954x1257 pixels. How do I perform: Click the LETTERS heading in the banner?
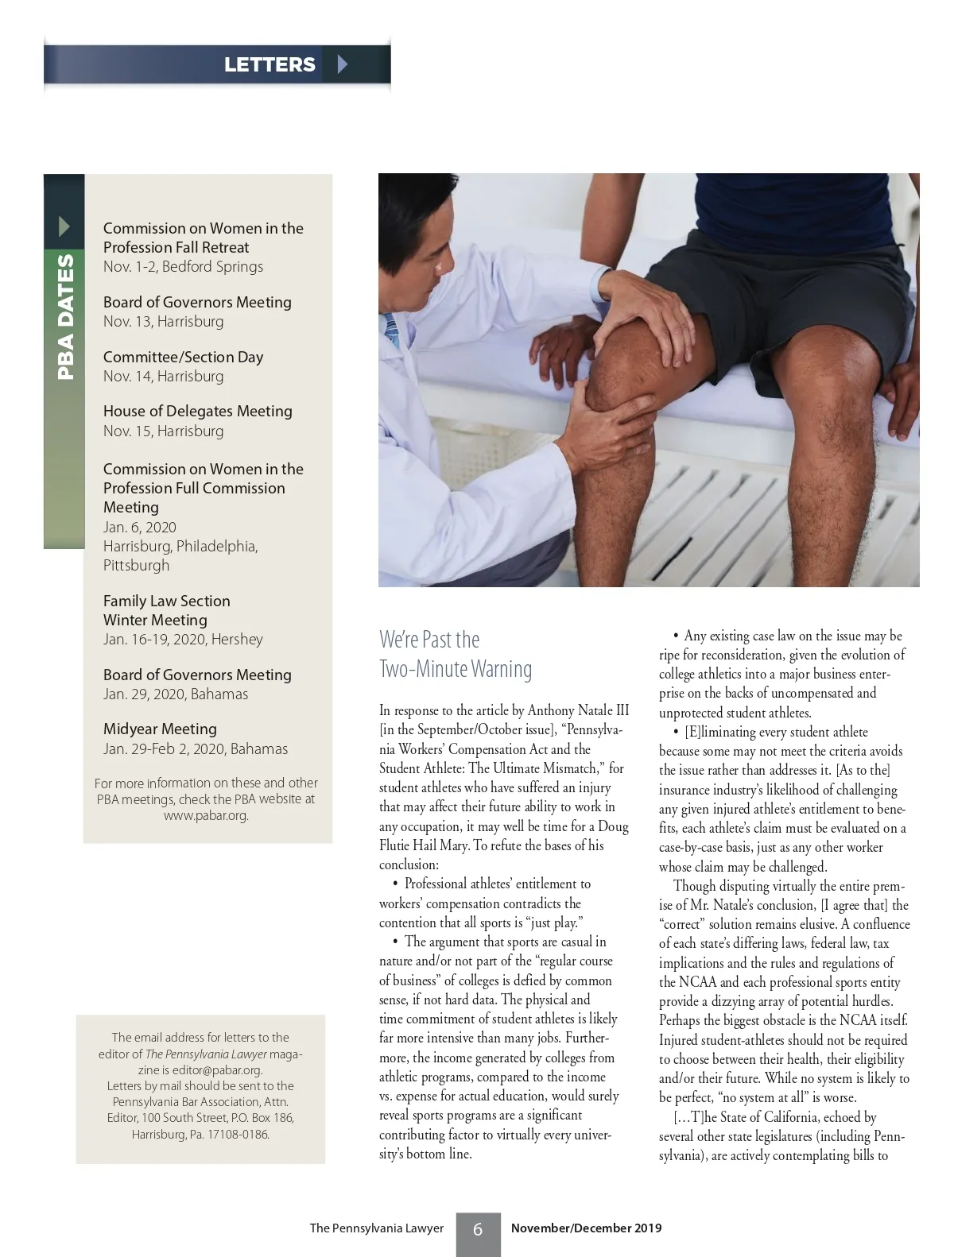click(270, 64)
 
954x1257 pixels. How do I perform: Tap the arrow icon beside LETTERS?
click(343, 64)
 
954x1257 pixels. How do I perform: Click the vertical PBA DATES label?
click(64, 315)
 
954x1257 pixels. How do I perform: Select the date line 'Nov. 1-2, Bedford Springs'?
click(183, 267)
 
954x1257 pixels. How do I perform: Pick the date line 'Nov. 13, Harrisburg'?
click(163, 322)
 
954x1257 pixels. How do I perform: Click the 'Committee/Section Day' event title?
click(183, 358)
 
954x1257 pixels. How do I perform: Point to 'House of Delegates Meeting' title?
click(197, 412)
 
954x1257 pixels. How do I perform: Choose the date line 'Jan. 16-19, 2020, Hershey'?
click(183, 640)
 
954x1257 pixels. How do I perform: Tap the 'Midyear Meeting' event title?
click(160, 729)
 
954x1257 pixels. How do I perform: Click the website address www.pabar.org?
click(206, 815)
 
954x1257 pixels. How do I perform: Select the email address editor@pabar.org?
click(217, 1069)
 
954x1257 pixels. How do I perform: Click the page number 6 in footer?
click(478, 1229)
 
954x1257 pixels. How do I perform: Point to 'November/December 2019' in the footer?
click(586, 1228)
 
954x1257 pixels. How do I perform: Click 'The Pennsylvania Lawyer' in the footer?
click(376, 1228)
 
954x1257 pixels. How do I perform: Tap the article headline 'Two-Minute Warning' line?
click(456, 669)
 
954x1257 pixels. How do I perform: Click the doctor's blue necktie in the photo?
click(390, 327)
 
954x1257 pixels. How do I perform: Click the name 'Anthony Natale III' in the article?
click(578, 710)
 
